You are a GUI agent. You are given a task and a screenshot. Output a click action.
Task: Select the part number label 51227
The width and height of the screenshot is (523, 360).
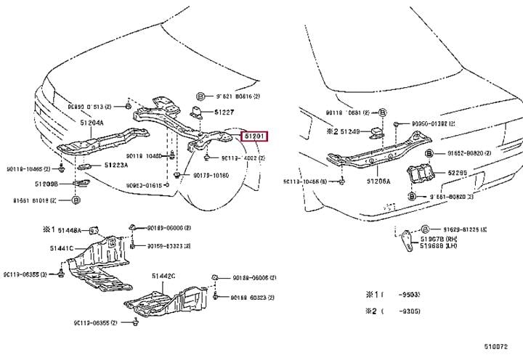point(224,112)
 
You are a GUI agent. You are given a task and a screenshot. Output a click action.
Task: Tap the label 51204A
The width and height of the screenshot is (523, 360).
point(92,123)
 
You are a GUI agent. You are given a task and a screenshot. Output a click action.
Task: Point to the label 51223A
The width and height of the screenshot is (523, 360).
point(115,165)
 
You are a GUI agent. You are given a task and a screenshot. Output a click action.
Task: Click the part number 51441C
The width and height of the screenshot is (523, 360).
point(62,249)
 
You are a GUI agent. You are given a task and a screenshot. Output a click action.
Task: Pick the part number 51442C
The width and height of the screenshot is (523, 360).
point(163,276)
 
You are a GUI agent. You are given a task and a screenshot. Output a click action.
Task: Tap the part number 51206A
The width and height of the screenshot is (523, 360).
point(378,181)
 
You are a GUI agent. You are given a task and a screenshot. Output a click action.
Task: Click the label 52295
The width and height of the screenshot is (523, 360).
point(457,173)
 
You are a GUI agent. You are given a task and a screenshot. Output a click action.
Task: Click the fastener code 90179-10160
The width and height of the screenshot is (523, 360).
point(211,176)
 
